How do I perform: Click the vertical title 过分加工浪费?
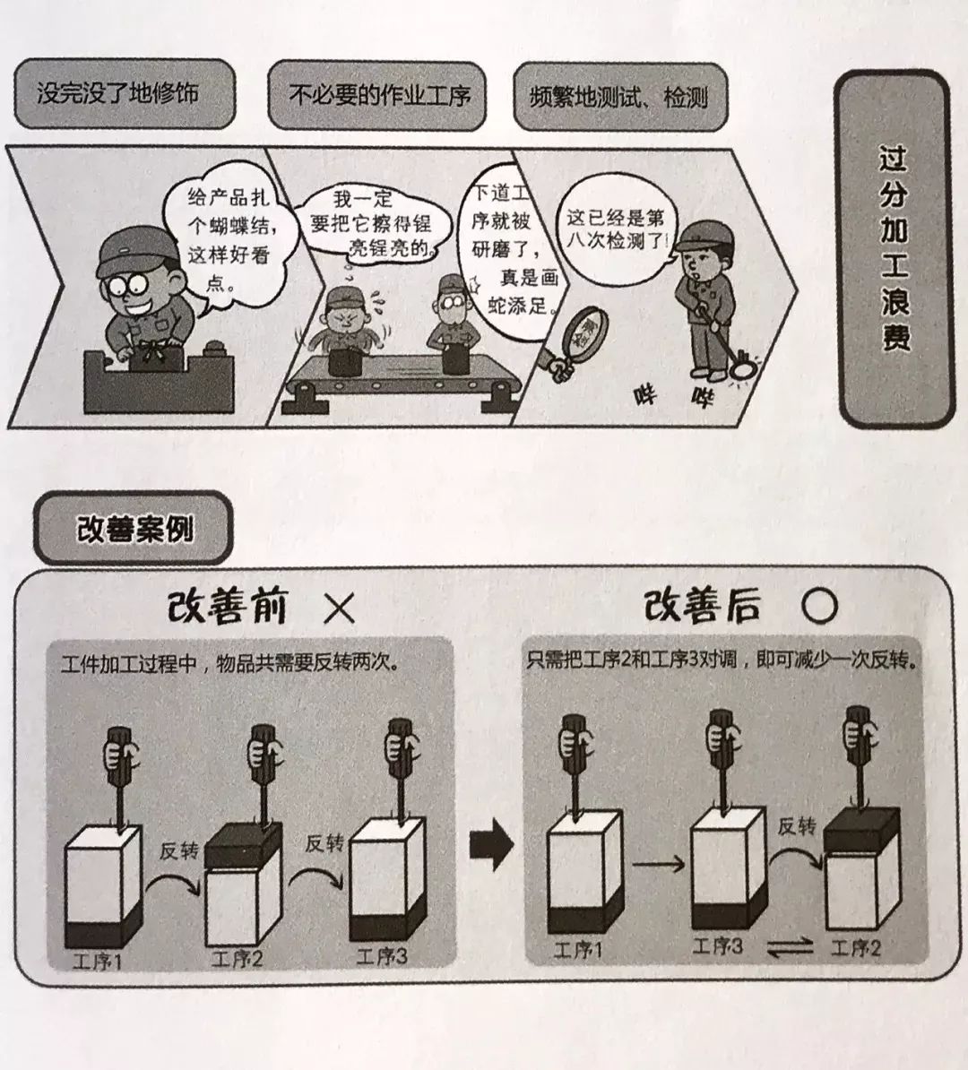(893, 249)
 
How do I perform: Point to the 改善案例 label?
(134, 529)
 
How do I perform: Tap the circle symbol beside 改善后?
(818, 608)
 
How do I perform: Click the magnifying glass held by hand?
(587, 331)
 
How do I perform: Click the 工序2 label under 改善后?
(856, 947)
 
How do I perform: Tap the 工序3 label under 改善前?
(382, 956)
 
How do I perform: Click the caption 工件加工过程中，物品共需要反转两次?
(230, 664)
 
